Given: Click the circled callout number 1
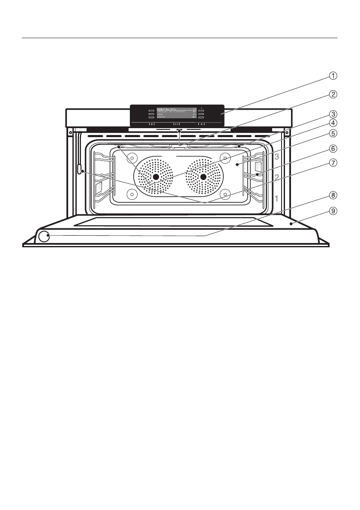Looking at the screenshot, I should pos(333,76).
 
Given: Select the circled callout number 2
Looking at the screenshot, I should pos(333,94).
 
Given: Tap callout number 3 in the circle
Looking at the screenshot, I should pos(333,114).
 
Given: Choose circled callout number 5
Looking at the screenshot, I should pos(333,133).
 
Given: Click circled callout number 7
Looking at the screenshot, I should pos(333,163).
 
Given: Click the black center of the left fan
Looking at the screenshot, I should pos(156,177).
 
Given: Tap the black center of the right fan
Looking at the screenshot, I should pos(204,177).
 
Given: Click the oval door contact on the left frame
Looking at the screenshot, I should pos(80,170).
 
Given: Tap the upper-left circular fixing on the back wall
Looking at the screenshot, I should pos(132,157).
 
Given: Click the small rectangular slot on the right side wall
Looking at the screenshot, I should pos(258,167).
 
